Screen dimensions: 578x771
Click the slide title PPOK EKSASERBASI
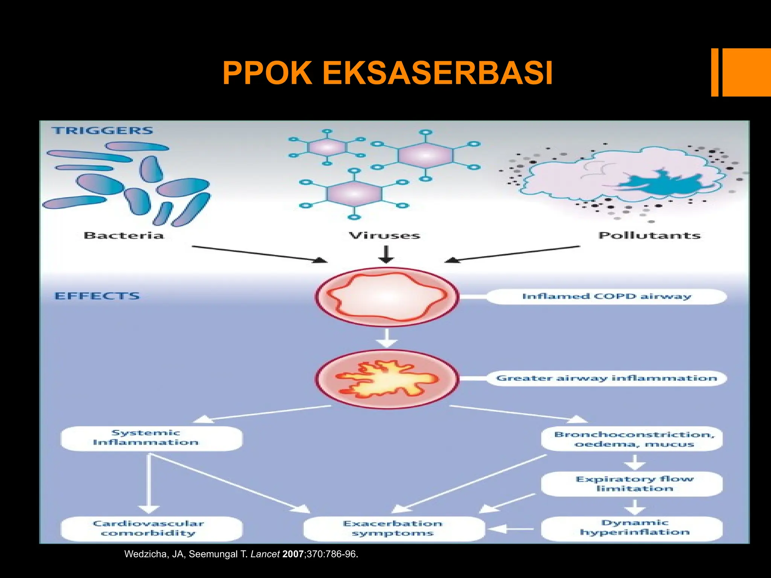[387, 73]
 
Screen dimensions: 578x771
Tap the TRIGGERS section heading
[102, 131]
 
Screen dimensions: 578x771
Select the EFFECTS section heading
[97, 296]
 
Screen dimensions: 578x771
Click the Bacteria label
[124, 236]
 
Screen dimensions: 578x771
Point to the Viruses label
[384, 236]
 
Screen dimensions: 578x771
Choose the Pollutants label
[649, 236]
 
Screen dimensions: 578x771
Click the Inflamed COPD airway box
[606, 297]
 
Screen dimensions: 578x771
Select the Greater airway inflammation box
[606, 378]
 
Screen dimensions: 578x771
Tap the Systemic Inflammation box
[151, 438]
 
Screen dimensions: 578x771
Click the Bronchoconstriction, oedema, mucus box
[632, 439]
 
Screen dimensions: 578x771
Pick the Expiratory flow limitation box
[632, 484]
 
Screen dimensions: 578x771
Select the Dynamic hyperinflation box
[632, 528]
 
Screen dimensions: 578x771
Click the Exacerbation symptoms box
[393, 528]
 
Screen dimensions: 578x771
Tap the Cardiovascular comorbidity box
[151, 528]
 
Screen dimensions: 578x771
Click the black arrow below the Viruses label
[386, 254]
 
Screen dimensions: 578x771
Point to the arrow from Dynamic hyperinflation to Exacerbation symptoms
[511, 529]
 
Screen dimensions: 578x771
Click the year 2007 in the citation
[293, 554]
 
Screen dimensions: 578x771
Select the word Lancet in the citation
[265, 554]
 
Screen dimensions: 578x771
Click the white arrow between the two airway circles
[387, 338]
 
